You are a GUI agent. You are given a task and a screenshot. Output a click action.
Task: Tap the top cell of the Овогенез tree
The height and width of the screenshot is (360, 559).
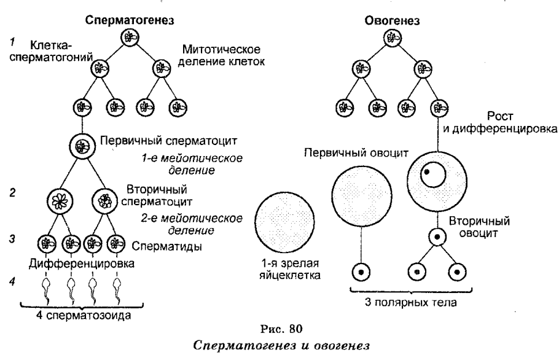click(x=391, y=37)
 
